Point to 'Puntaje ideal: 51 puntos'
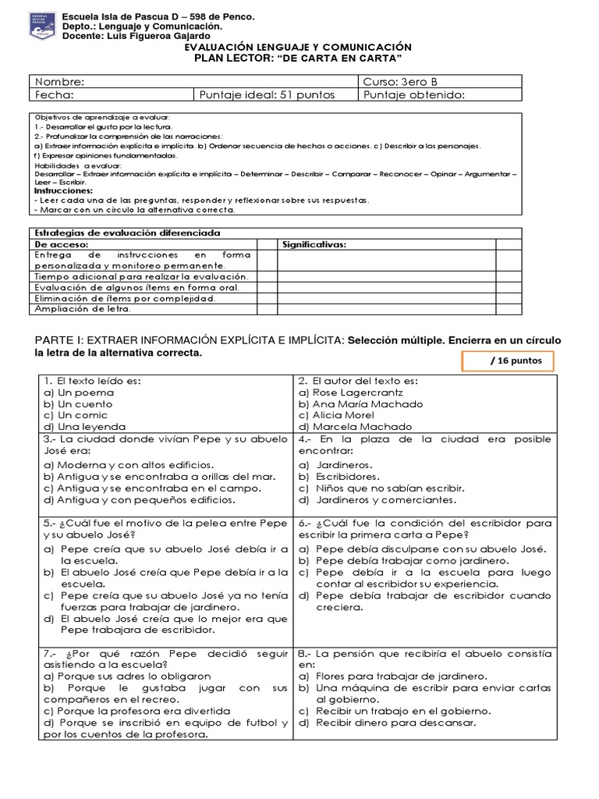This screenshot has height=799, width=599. click(x=268, y=95)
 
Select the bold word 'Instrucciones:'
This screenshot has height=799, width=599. click(x=63, y=190)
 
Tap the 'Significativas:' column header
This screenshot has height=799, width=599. click(x=314, y=244)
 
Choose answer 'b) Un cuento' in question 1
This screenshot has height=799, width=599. click(x=78, y=404)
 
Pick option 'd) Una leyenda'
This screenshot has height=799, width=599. click(x=84, y=427)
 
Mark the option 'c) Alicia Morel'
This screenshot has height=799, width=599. click(x=342, y=415)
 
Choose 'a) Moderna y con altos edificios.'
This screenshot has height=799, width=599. click(x=129, y=464)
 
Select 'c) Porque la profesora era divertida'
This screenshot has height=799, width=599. click(x=137, y=711)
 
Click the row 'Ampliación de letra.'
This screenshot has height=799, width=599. click(x=83, y=309)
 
